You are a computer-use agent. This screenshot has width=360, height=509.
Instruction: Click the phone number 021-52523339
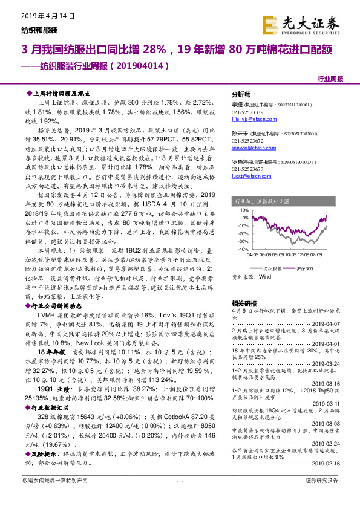coord(249,113)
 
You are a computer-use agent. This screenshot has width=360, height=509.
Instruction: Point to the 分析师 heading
coord(241,96)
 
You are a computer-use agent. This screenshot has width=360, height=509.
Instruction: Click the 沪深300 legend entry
coord(306,267)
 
